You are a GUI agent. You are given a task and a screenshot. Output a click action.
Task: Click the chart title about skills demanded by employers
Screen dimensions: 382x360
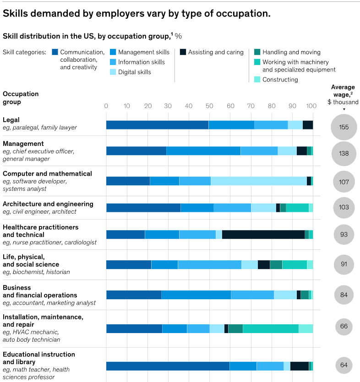(x=136, y=14)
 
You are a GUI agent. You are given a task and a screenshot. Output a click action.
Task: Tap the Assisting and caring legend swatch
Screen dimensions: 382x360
(x=183, y=52)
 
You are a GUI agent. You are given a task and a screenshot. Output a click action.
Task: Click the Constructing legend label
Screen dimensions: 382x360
(x=280, y=80)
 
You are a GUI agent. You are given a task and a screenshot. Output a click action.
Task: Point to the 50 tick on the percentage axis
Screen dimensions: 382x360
(x=209, y=106)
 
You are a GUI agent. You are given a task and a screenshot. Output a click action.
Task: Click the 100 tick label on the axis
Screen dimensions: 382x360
(x=312, y=106)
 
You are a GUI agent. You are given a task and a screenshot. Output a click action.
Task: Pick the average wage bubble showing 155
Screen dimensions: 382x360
(x=344, y=127)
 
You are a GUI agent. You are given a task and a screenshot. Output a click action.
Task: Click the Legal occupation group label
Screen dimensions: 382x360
(x=11, y=120)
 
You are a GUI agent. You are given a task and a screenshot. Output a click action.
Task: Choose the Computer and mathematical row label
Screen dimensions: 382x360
(x=47, y=173)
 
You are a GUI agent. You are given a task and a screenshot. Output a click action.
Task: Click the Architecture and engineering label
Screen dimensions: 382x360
(x=48, y=204)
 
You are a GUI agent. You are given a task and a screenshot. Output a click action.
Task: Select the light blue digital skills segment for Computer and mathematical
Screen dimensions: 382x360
(x=258, y=181)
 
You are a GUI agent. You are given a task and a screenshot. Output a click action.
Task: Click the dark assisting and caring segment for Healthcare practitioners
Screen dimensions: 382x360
(x=263, y=235)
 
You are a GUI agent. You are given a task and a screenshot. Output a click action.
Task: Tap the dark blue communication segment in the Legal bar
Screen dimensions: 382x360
(x=157, y=125)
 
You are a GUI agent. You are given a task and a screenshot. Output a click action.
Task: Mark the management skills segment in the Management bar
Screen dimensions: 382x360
(x=203, y=151)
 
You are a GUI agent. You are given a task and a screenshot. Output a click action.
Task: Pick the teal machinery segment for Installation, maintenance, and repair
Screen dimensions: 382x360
(x=270, y=328)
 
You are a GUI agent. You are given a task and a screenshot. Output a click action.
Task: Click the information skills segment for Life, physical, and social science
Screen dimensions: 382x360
(x=209, y=264)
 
